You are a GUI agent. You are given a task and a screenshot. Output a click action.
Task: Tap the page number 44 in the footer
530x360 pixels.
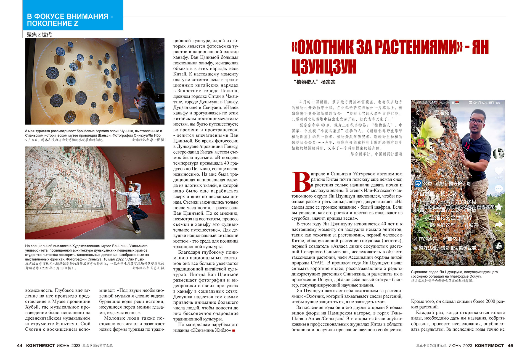20,345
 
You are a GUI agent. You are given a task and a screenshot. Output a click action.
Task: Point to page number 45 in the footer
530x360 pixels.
510,345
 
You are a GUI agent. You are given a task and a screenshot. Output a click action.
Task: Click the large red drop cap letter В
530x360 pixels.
301,182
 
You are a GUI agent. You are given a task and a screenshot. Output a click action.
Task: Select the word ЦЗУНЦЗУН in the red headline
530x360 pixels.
324,67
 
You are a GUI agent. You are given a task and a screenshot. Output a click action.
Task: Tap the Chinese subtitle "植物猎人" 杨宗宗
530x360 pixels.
314,82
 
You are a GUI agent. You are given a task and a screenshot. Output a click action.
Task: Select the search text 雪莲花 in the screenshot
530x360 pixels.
442,112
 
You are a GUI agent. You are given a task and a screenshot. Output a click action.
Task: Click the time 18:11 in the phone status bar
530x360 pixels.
499,103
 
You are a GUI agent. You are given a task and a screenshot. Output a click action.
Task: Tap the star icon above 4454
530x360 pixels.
499,207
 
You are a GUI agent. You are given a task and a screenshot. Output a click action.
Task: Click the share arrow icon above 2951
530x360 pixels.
499,224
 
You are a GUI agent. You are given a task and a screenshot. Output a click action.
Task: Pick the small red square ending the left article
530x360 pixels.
234,330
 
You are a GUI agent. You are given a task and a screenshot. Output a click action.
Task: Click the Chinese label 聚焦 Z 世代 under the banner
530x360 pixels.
39,35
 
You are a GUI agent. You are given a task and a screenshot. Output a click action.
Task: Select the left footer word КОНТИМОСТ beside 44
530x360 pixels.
41,345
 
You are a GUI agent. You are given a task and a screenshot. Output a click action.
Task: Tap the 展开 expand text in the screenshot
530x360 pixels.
474,225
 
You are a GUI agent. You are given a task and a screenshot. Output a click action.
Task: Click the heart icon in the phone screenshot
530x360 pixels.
499,171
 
